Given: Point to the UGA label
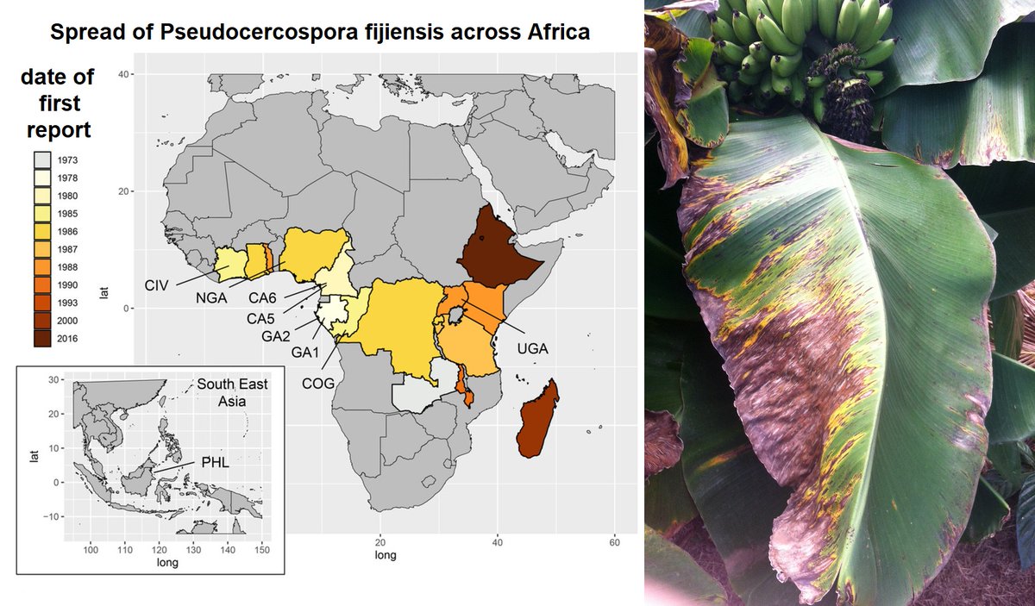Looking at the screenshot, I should tap(533, 348).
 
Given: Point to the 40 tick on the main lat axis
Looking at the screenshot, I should tap(124, 75).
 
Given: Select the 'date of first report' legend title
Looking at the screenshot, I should tap(56, 103).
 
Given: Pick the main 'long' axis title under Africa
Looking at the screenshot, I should tap(386, 555).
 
